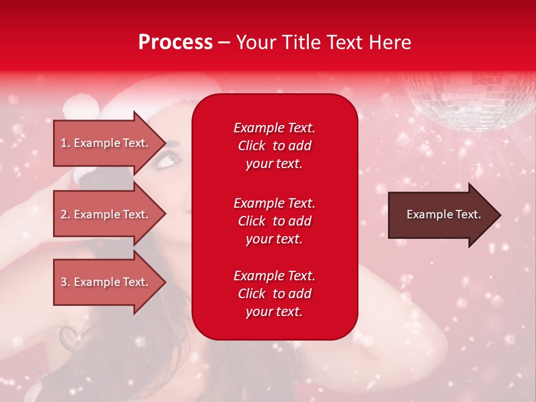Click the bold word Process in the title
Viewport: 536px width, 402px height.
coord(175,42)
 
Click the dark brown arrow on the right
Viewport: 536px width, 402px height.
coord(441,215)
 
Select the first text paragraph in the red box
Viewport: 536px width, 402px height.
coord(274,146)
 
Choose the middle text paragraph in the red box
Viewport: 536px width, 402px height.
coord(274,221)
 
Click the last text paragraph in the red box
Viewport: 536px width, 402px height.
coord(274,294)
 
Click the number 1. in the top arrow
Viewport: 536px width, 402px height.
coord(65,143)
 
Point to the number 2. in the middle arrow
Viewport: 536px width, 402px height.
coord(65,214)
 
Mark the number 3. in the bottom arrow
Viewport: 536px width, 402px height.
coord(65,282)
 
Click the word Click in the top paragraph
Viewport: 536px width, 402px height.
coord(252,146)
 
